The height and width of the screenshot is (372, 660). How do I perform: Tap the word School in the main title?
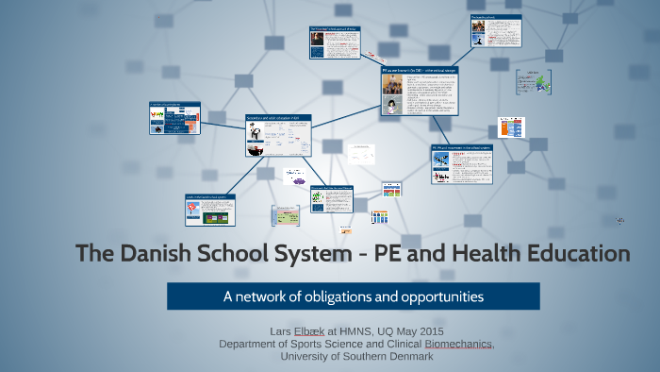point(239,253)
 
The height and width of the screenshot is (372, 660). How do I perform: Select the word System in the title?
point(322,253)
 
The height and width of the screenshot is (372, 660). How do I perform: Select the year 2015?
point(429,331)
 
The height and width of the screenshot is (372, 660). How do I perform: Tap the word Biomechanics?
point(459,344)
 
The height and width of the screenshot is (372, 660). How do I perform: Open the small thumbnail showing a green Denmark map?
point(533,82)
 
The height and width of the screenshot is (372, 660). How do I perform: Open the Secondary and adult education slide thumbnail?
point(278,135)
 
